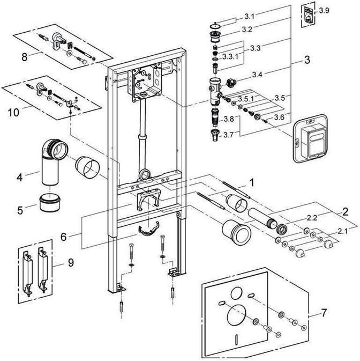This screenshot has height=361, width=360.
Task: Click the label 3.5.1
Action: (x=246, y=99)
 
